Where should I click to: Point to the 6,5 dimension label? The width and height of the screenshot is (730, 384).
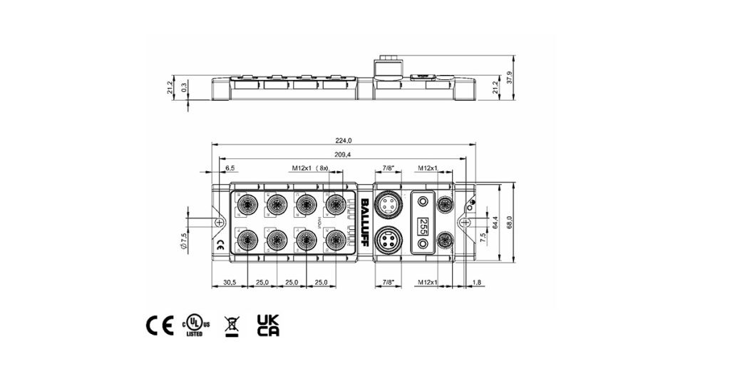click(x=230, y=168)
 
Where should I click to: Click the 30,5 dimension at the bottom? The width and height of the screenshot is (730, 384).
click(x=229, y=283)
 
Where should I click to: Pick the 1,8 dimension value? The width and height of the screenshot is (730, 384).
click(x=476, y=283)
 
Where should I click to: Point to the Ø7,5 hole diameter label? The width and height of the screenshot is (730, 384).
click(x=184, y=239)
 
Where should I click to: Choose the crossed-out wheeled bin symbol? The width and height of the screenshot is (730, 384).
click(x=231, y=325)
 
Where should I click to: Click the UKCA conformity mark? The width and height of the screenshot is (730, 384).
click(x=267, y=325)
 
